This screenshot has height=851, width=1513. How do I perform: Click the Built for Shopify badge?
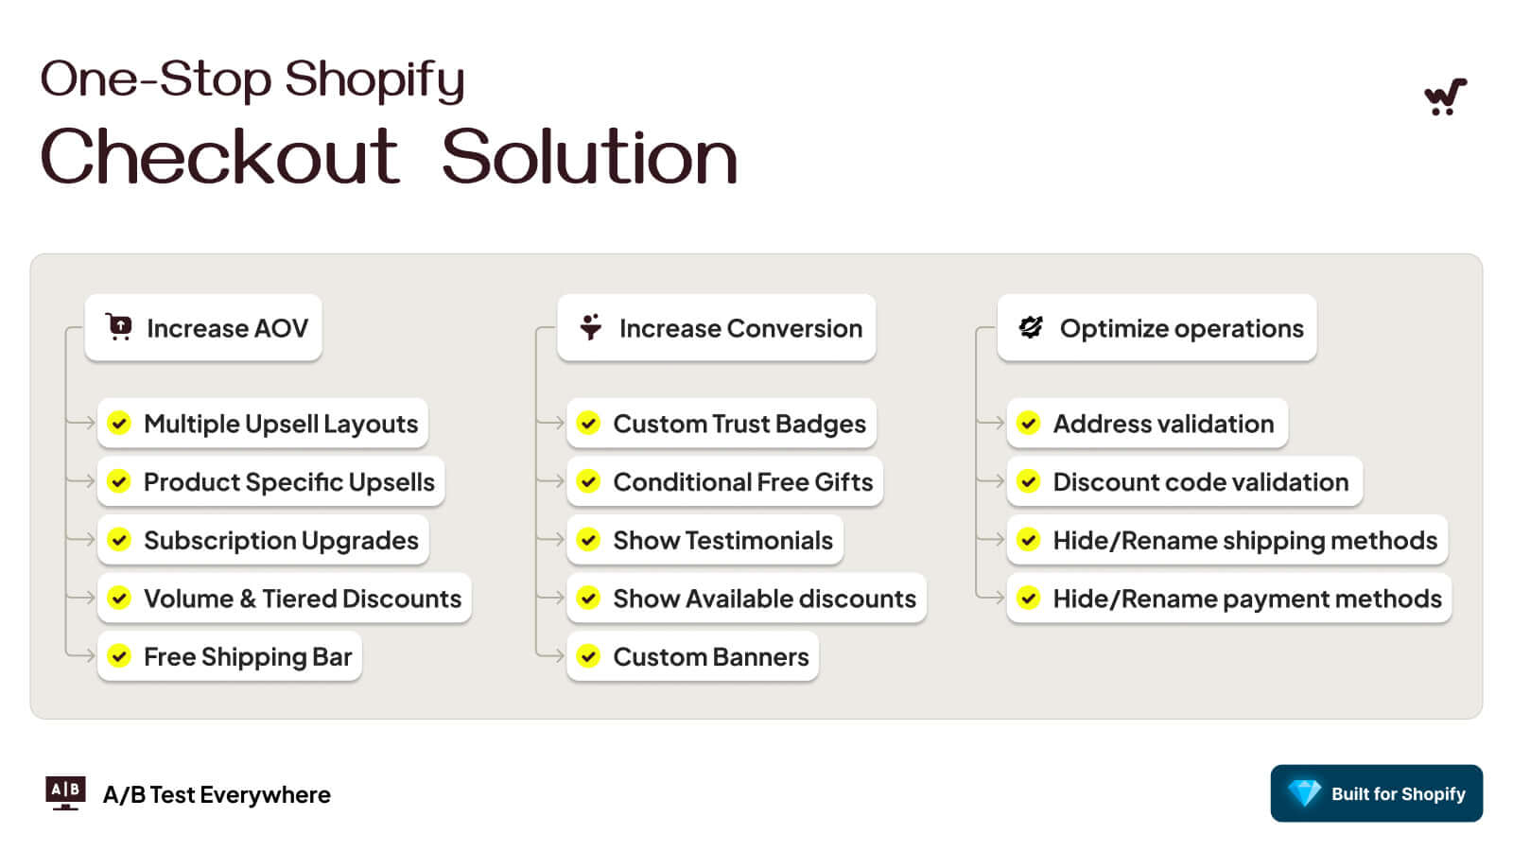coord(1376,793)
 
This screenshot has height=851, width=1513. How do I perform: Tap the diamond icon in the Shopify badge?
coord(1304,793)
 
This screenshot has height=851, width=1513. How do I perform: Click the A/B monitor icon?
coord(65,793)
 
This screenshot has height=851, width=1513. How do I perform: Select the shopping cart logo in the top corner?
coord(1445,96)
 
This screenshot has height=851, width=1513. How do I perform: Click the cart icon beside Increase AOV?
coord(119,327)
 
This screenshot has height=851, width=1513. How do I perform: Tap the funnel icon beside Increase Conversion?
coord(590,327)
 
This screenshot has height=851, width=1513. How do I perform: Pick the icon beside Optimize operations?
coord(1031,327)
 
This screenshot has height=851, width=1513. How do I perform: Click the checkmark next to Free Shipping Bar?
coord(119,655)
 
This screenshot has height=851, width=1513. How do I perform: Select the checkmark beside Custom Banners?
coord(588,655)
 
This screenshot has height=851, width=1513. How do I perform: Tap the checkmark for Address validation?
coord(1029,423)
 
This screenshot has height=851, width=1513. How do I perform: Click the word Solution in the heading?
coord(590,156)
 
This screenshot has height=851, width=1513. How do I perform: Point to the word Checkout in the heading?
coord(220,156)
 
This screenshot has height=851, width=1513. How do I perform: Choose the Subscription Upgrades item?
coord(263,540)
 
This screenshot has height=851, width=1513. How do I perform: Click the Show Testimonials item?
coord(705,540)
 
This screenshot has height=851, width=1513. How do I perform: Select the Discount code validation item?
coord(1184,481)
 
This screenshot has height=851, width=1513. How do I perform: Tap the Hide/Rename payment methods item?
coord(1228,598)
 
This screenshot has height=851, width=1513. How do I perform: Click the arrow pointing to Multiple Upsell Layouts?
coord(80,423)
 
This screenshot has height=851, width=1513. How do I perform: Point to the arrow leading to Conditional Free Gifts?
coord(550,481)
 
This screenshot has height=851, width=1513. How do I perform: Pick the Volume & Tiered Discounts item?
coord(285,598)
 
